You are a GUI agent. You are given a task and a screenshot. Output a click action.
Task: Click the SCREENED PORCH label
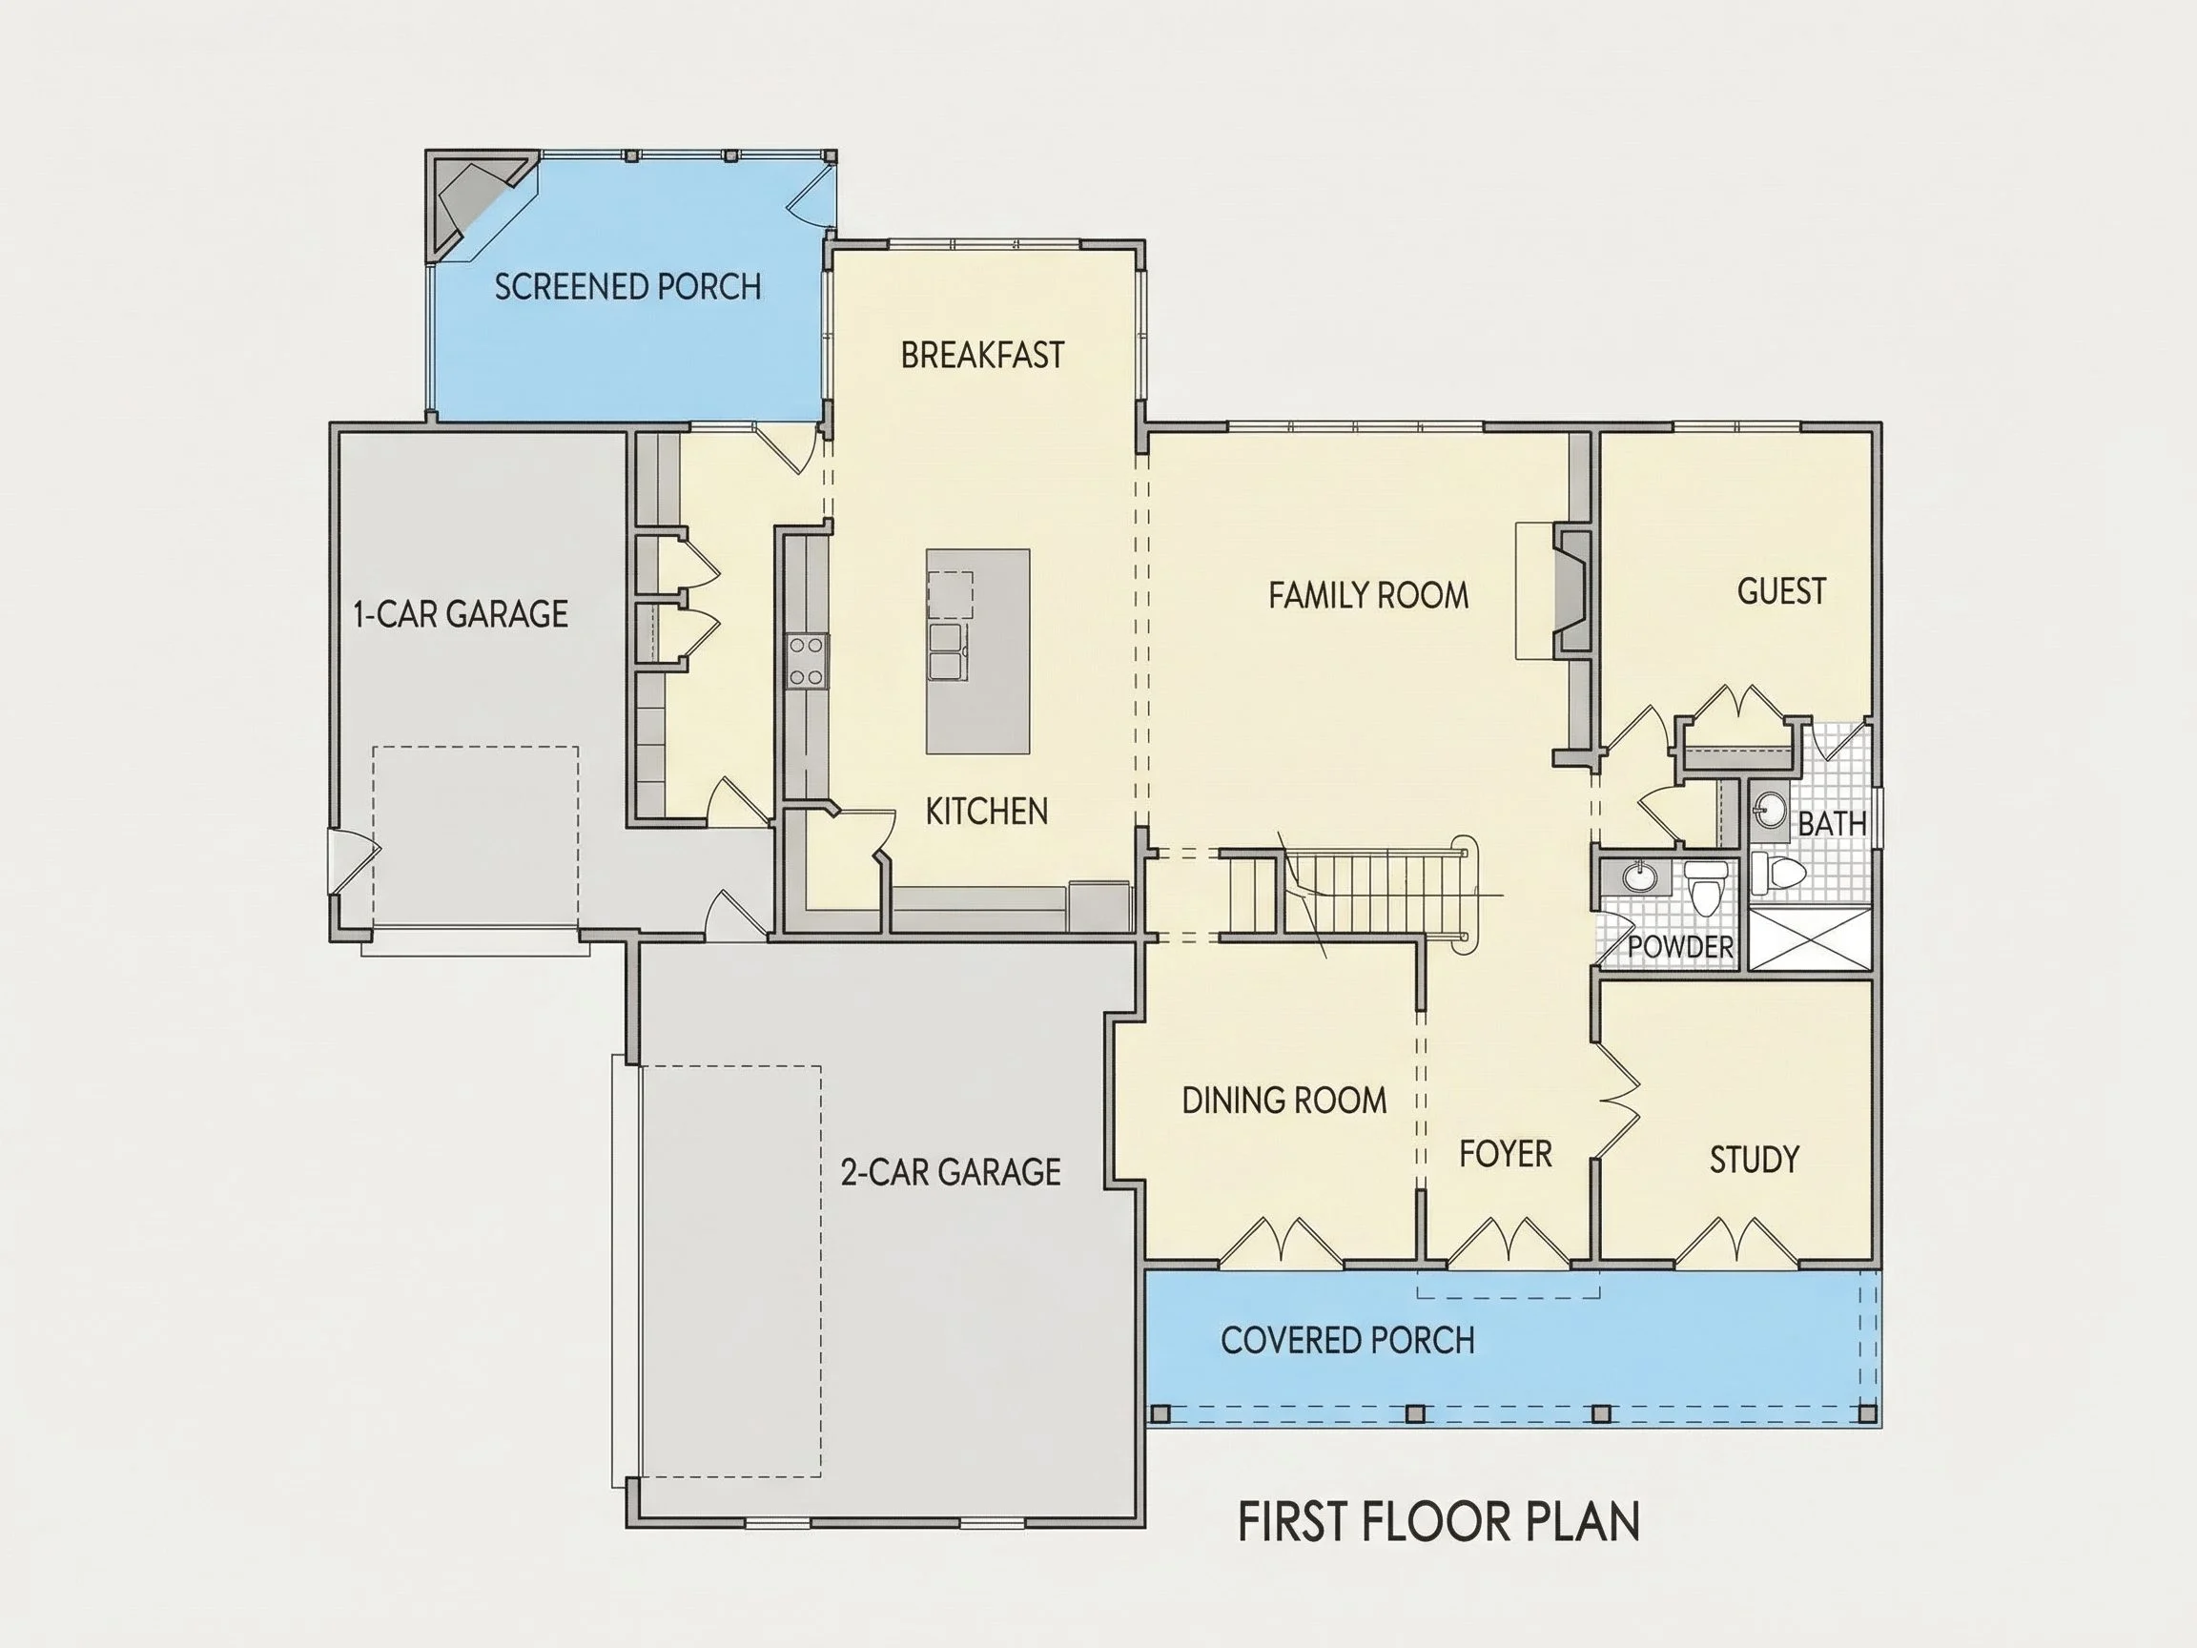click(627, 287)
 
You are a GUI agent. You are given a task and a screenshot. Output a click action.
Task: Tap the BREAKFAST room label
click(982, 355)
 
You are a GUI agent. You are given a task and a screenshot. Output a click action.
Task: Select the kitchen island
click(977, 651)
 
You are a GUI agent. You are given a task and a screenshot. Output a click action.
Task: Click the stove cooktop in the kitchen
click(807, 661)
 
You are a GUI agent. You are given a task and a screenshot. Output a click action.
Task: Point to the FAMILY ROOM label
click(1367, 595)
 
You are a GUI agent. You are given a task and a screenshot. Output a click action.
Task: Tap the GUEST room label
click(1781, 591)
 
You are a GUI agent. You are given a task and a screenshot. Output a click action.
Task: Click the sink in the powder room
click(1638, 877)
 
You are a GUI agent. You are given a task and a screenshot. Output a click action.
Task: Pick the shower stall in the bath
click(1810, 937)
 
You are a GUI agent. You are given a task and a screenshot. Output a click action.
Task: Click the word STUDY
click(1754, 1160)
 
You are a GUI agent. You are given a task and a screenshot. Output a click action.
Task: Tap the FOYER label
click(1505, 1153)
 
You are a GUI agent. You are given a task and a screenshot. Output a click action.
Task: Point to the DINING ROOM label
click(1284, 1100)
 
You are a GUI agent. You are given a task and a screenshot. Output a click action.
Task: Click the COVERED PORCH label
click(1347, 1340)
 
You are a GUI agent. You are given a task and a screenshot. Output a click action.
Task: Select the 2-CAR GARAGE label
click(951, 1172)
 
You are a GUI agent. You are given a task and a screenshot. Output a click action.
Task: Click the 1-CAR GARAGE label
click(461, 614)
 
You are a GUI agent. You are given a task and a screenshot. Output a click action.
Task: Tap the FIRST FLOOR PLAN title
click(1439, 1521)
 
